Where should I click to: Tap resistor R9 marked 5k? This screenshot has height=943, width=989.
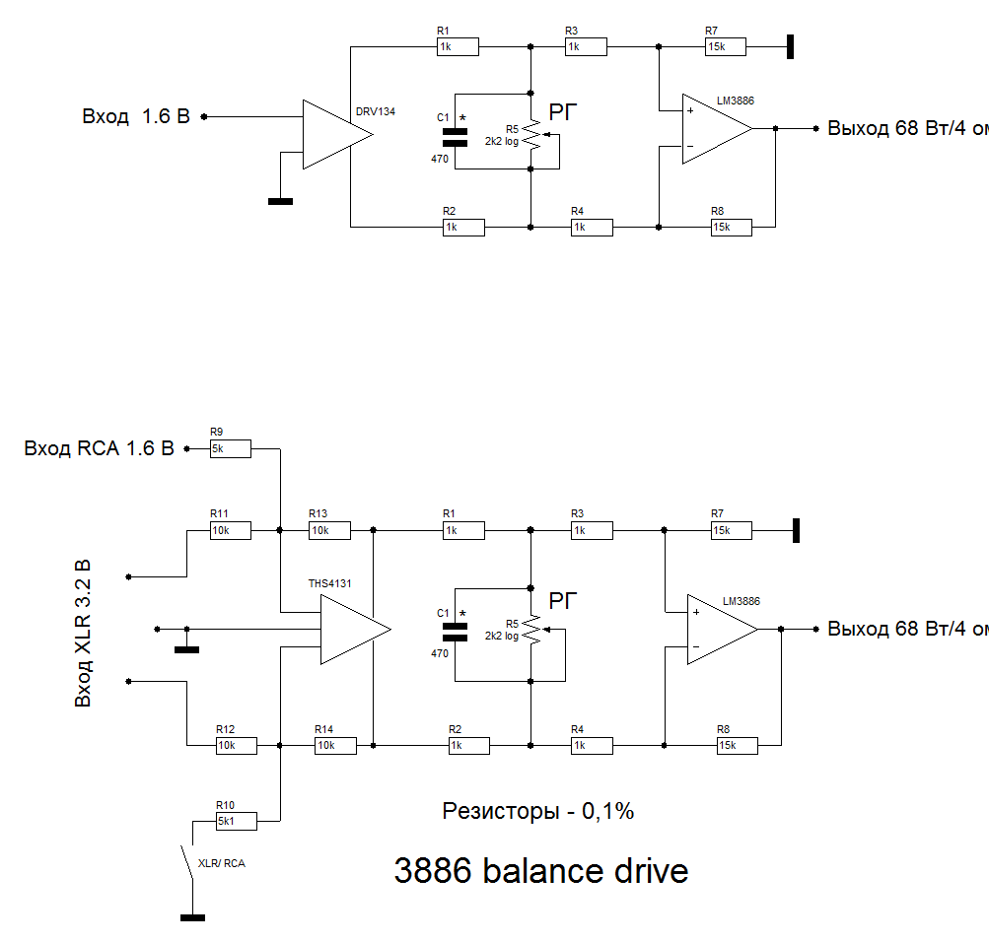(x=231, y=449)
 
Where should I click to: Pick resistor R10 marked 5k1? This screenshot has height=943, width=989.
(x=237, y=820)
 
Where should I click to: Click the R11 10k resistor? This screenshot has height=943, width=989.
(x=231, y=530)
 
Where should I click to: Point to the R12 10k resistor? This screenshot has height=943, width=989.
(x=237, y=745)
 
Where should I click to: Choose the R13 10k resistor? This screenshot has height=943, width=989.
(x=329, y=530)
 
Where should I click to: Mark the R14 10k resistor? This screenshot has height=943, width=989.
(x=335, y=745)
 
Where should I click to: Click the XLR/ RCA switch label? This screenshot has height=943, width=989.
(x=222, y=863)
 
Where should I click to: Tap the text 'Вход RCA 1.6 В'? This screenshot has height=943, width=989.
(x=99, y=449)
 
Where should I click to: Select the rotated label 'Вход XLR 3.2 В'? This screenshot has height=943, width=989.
(x=84, y=633)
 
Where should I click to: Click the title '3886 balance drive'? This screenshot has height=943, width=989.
(x=540, y=871)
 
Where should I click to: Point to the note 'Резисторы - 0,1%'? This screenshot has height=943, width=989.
(x=537, y=812)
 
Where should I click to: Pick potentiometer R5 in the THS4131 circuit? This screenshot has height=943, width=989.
(x=532, y=631)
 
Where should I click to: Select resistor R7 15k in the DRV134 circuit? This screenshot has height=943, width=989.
(x=726, y=46)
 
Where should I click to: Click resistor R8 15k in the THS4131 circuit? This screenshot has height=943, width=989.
(x=738, y=745)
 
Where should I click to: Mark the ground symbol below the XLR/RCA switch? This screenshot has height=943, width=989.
(x=193, y=918)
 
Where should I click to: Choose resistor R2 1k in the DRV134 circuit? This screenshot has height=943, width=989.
(x=463, y=227)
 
